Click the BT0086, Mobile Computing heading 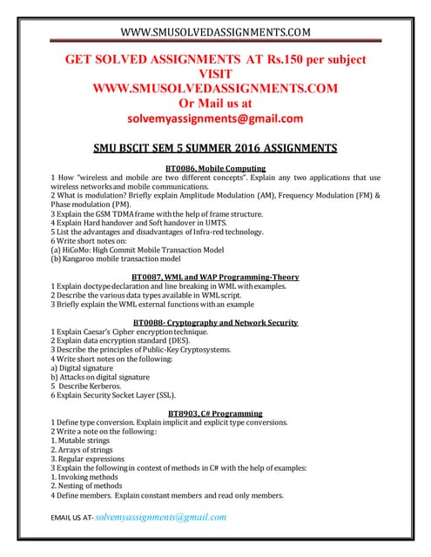coord(215,168)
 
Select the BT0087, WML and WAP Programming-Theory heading coord(215,277)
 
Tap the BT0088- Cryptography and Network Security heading coord(215,322)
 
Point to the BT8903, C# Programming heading coord(215,413)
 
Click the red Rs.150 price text coord(276,61)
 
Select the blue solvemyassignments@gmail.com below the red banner coord(215,118)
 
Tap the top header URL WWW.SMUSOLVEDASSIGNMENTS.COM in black coord(215,33)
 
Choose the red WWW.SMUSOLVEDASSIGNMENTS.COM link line coord(215,89)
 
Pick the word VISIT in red coord(215,75)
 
